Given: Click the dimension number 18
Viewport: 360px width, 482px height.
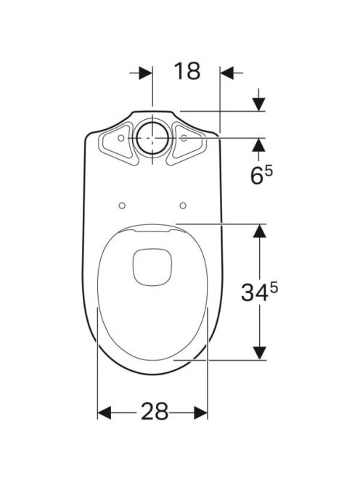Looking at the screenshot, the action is pos(187,71).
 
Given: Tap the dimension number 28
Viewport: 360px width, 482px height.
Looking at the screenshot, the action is pos(155,412).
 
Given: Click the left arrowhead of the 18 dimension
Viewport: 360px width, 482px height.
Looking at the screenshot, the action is pos(145,73).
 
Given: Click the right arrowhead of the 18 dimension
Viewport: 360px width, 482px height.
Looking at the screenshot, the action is pos(227,73).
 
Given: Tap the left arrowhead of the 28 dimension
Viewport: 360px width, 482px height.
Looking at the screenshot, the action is pos(104,412).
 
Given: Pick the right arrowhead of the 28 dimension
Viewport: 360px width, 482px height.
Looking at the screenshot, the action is pos(201,412).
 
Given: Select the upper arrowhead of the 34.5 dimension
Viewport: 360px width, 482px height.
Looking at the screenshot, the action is pos(259,231).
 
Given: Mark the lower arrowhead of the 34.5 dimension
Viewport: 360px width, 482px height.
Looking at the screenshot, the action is pos(259,353).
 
